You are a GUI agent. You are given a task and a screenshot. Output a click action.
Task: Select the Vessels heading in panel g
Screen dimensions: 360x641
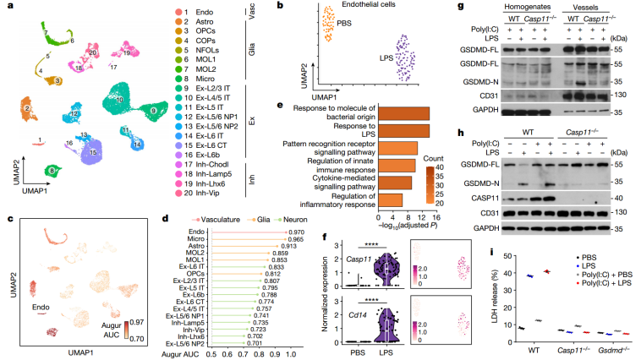pos(573,8)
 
